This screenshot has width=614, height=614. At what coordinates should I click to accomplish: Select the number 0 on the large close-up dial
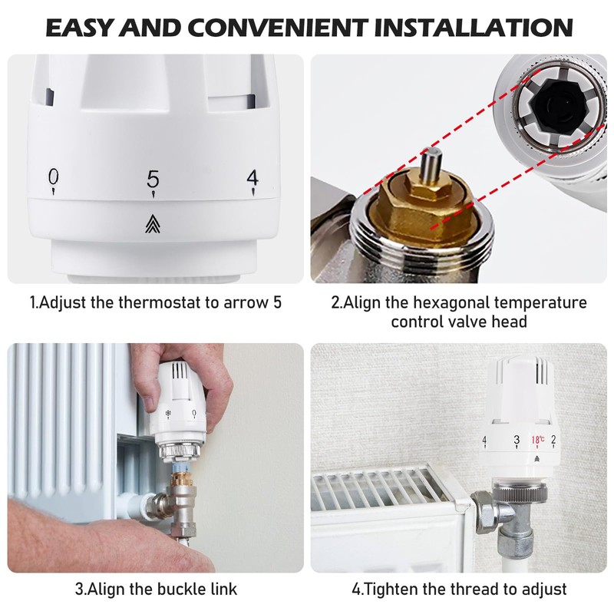click(53, 177)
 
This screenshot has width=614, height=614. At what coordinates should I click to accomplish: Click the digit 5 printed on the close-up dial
click(153, 179)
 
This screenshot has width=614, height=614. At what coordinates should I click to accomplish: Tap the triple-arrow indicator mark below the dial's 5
click(153, 223)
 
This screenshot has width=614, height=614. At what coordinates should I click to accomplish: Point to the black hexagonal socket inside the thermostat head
click(550, 108)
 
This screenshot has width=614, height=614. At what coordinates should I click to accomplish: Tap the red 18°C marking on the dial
click(536, 440)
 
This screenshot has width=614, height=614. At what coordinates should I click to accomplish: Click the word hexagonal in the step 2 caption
click(434, 302)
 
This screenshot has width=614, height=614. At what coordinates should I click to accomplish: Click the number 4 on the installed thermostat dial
click(484, 440)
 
